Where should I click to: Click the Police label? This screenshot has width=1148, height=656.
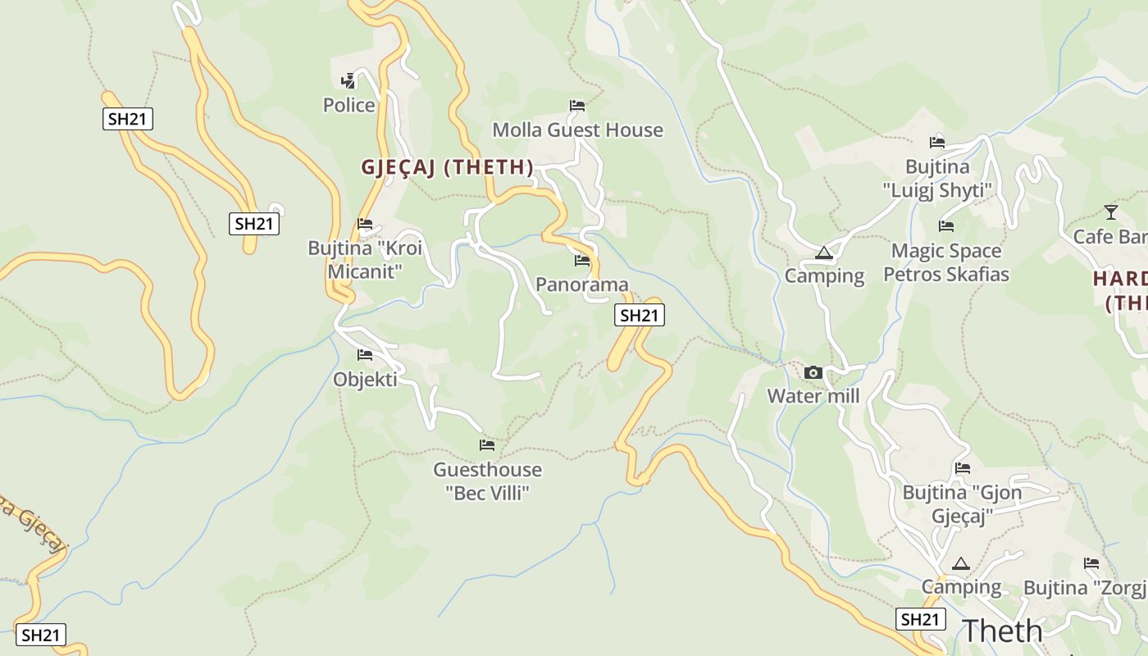pyautogui.click(x=348, y=105)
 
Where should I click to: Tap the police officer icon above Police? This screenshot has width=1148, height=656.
pyautogui.click(x=348, y=80)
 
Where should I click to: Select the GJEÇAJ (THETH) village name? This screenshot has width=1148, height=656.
pyautogui.click(x=447, y=167)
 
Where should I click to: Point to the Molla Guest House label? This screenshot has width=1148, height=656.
pyautogui.click(x=577, y=130)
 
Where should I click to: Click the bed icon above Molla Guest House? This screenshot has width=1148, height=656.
pyautogui.click(x=577, y=105)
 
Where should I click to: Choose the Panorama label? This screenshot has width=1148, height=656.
pyautogui.click(x=581, y=285)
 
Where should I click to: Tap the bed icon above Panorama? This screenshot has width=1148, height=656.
pyautogui.click(x=582, y=261)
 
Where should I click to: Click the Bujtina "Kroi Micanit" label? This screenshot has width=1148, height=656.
pyautogui.click(x=365, y=259)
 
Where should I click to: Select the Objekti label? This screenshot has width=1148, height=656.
pyautogui.click(x=365, y=379)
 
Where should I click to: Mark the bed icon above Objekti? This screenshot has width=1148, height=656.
pyautogui.click(x=365, y=355)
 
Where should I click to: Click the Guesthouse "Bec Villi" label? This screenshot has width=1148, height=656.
pyautogui.click(x=487, y=481)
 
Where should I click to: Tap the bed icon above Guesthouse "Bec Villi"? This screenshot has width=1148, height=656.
pyautogui.click(x=487, y=445)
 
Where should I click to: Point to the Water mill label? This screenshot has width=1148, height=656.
pyautogui.click(x=813, y=396)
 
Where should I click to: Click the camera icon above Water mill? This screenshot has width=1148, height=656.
pyautogui.click(x=813, y=372)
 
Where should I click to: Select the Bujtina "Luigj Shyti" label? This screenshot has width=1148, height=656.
pyautogui.click(x=937, y=178)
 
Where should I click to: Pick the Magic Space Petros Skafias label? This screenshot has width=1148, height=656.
pyautogui.click(x=946, y=262)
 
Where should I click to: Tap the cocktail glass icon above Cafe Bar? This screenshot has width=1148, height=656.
pyautogui.click(x=1111, y=212)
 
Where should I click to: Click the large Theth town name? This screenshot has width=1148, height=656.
pyautogui.click(x=1002, y=631)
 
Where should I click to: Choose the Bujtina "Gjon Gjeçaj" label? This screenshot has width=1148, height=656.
pyautogui.click(x=963, y=504)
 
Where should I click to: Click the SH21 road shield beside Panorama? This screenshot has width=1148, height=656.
pyautogui.click(x=639, y=315)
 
